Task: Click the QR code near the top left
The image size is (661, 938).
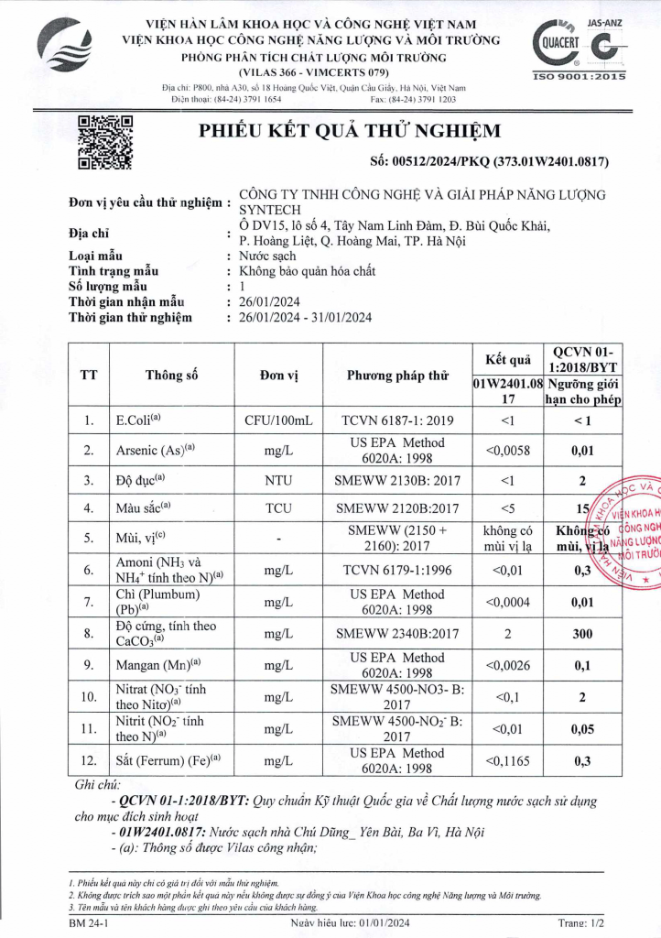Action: tap(105, 142)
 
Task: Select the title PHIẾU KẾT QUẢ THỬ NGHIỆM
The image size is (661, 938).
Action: tap(338, 130)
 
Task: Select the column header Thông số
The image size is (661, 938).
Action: tap(172, 375)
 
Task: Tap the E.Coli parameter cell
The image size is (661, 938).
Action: tap(138, 420)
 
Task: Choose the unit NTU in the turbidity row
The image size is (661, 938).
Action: tap(278, 481)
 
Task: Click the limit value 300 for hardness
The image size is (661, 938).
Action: tap(582, 633)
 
